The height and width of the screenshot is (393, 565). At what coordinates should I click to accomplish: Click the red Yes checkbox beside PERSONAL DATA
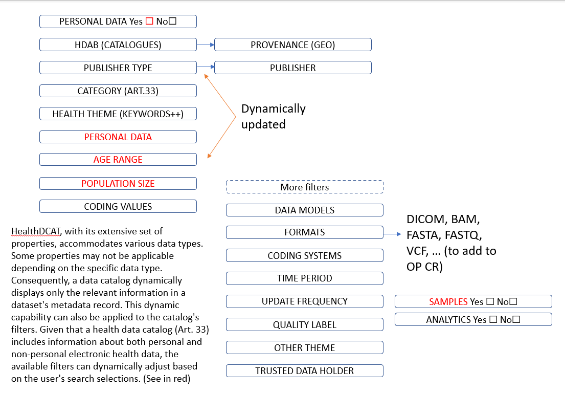point(149,21)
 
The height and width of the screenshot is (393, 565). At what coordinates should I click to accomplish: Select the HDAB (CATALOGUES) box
point(118,45)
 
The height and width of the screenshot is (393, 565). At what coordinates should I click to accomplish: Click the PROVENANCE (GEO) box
point(292,45)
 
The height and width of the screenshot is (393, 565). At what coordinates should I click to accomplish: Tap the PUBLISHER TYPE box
point(118,68)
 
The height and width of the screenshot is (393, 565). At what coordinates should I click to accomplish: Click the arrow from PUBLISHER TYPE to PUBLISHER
point(206,67)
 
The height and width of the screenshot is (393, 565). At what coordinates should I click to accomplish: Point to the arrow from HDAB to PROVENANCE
point(206,45)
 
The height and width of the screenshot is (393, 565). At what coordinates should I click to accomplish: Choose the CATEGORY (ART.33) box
point(118,91)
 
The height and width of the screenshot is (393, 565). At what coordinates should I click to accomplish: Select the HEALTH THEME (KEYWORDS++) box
point(118,114)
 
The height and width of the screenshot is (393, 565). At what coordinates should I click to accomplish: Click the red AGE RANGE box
point(118,160)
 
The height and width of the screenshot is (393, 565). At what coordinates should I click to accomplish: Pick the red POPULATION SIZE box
point(118,183)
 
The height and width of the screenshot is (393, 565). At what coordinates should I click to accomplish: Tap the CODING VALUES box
point(118,206)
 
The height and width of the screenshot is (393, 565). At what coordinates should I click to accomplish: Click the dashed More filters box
point(305,187)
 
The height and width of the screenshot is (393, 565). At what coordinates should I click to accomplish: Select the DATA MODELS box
point(305,210)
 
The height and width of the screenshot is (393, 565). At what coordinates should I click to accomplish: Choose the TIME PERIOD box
point(305,278)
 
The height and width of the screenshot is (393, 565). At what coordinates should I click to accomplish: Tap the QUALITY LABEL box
point(305,324)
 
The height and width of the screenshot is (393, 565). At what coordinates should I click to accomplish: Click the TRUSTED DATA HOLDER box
point(305,371)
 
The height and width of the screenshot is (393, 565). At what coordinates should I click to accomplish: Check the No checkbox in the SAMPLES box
point(513,302)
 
